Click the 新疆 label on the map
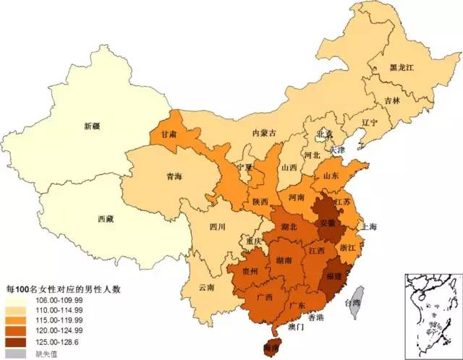click(x=91, y=126)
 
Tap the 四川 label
click(x=218, y=226)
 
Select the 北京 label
click(x=323, y=134)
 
